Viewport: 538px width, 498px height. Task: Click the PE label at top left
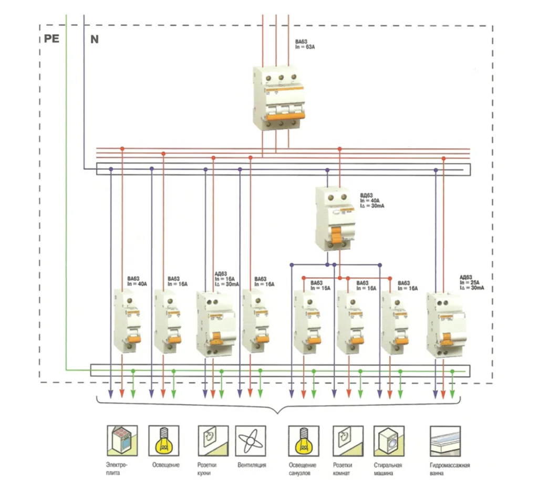click(x=51, y=39)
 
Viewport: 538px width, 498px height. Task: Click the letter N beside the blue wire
click(x=95, y=39)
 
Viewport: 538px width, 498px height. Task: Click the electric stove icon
click(x=121, y=440)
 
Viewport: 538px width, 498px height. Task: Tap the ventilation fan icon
click(x=251, y=440)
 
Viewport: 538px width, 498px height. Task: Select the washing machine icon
click(x=388, y=440)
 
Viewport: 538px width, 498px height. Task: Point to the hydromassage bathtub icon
click(x=446, y=440)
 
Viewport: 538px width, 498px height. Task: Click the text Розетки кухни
click(x=206, y=469)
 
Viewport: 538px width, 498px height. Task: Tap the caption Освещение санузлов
click(x=303, y=469)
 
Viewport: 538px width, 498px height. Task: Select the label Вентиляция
click(x=252, y=465)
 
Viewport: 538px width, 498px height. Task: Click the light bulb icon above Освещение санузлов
click(x=302, y=440)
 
